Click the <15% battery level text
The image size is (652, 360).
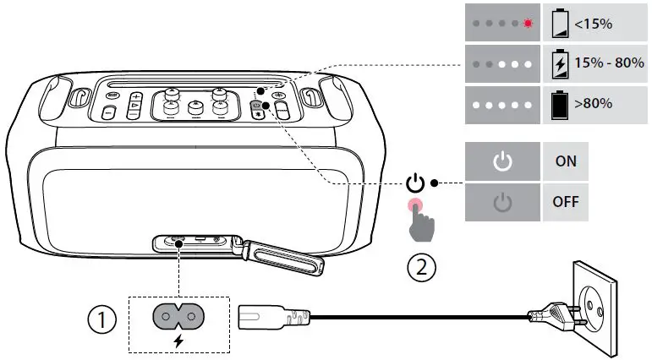click(593, 24)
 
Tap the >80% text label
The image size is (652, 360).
click(593, 104)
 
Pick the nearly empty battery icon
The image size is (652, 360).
click(559, 23)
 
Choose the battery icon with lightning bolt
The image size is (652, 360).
click(559, 63)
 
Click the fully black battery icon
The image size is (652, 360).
click(559, 104)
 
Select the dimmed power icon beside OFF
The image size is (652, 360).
click(503, 203)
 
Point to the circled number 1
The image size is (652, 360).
click(101, 319)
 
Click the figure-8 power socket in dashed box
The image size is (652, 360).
click(178, 316)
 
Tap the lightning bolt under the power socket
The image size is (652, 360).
click(178, 341)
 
